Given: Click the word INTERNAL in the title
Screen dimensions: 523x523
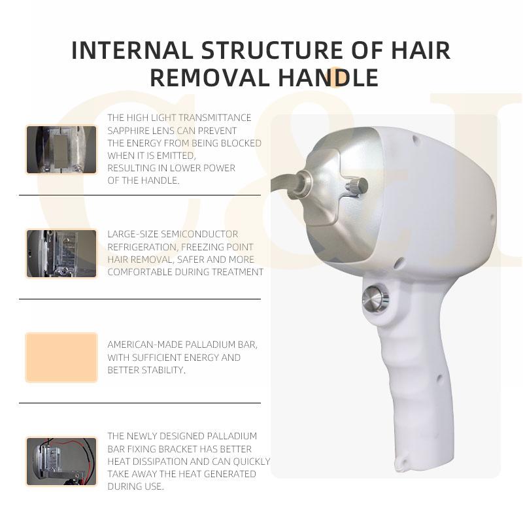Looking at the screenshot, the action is click(x=132, y=51).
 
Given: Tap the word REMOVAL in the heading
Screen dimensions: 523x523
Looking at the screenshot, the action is click(x=209, y=78).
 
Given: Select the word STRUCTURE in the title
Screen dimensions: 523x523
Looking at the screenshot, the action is click(x=272, y=51).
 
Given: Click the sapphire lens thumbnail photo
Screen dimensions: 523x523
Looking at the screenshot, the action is click(x=61, y=150).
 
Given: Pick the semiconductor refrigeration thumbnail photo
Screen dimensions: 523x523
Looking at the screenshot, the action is click(x=61, y=254).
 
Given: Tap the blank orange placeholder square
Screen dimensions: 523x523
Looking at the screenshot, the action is click(x=61, y=357).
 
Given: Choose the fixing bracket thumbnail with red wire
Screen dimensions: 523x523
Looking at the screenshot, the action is click(x=61, y=462).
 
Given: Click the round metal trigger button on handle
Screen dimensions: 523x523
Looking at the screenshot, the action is click(x=375, y=297).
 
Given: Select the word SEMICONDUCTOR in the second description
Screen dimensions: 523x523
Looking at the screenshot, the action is click(x=199, y=235).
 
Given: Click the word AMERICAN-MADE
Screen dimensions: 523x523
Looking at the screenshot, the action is click(x=145, y=345).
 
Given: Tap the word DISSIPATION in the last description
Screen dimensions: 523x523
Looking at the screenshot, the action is click(x=163, y=462).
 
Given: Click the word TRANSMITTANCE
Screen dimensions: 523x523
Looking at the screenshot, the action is click(x=214, y=118).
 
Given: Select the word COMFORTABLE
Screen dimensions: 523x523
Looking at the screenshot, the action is click(x=140, y=272).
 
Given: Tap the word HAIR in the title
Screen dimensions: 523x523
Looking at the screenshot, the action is click(x=420, y=51).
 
